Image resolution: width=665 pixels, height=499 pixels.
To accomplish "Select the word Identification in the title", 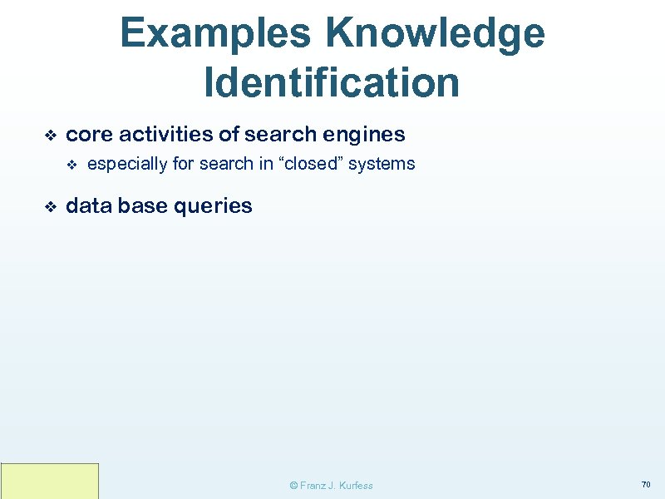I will [x=332, y=82].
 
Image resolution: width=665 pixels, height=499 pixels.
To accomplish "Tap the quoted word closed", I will [x=311, y=164].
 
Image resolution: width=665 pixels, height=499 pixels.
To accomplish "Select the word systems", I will [x=382, y=164].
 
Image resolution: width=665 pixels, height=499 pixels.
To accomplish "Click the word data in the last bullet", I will [x=88, y=205].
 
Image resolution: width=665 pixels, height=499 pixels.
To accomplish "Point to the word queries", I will [x=214, y=206].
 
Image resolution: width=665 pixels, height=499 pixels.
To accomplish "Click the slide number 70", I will [x=645, y=484].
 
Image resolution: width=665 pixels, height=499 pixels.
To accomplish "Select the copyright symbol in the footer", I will [x=293, y=486].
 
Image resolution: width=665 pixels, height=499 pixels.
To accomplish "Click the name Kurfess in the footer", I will [x=356, y=486].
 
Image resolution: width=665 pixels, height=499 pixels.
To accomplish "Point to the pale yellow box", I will [x=50, y=481].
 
